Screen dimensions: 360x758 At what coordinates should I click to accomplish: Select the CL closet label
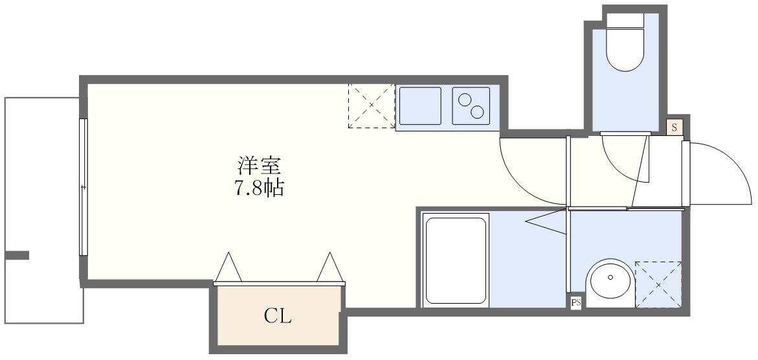point(278,317)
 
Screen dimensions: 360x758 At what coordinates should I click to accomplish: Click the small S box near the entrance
point(674,127)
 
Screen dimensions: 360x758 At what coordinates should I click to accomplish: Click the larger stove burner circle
point(478,112)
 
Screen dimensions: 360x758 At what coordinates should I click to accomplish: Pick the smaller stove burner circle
point(465,100)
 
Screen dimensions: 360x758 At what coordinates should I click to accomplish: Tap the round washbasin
point(610,283)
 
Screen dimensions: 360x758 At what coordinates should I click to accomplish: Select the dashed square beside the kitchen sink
point(371,105)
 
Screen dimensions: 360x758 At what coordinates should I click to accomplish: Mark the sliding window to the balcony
point(83,187)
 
